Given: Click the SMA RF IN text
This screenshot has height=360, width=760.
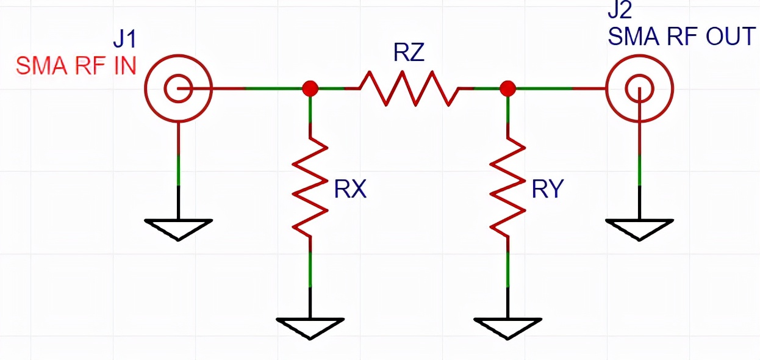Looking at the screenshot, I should pyautogui.click(x=76, y=65).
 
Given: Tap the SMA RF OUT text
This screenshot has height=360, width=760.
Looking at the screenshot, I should pyautogui.click(x=682, y=37).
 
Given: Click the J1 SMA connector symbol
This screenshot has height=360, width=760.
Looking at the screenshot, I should pyautogui.click(x=178, y=88).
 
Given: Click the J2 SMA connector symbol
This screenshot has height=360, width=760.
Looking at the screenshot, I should pyautogui.click(x=639, y=88).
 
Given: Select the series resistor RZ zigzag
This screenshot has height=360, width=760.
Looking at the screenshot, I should pyautogui.click(x=409, y=88).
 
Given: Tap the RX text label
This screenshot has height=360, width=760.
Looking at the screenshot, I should pyautogui.click(x=350, y=190).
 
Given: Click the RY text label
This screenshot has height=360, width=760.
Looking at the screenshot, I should pyautogui.click(x=547, y=190).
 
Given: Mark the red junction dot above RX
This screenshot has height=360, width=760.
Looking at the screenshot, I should pyautogui.click(x=310, y=88).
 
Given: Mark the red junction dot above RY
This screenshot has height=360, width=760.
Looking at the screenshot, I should pyautogui.click(x=507, y=88).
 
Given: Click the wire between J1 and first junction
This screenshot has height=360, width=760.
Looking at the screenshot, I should pyautogui.click(x=256, y=88).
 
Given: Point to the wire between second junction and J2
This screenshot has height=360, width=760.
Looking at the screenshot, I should pyautogui.click(x=558, y=88).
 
